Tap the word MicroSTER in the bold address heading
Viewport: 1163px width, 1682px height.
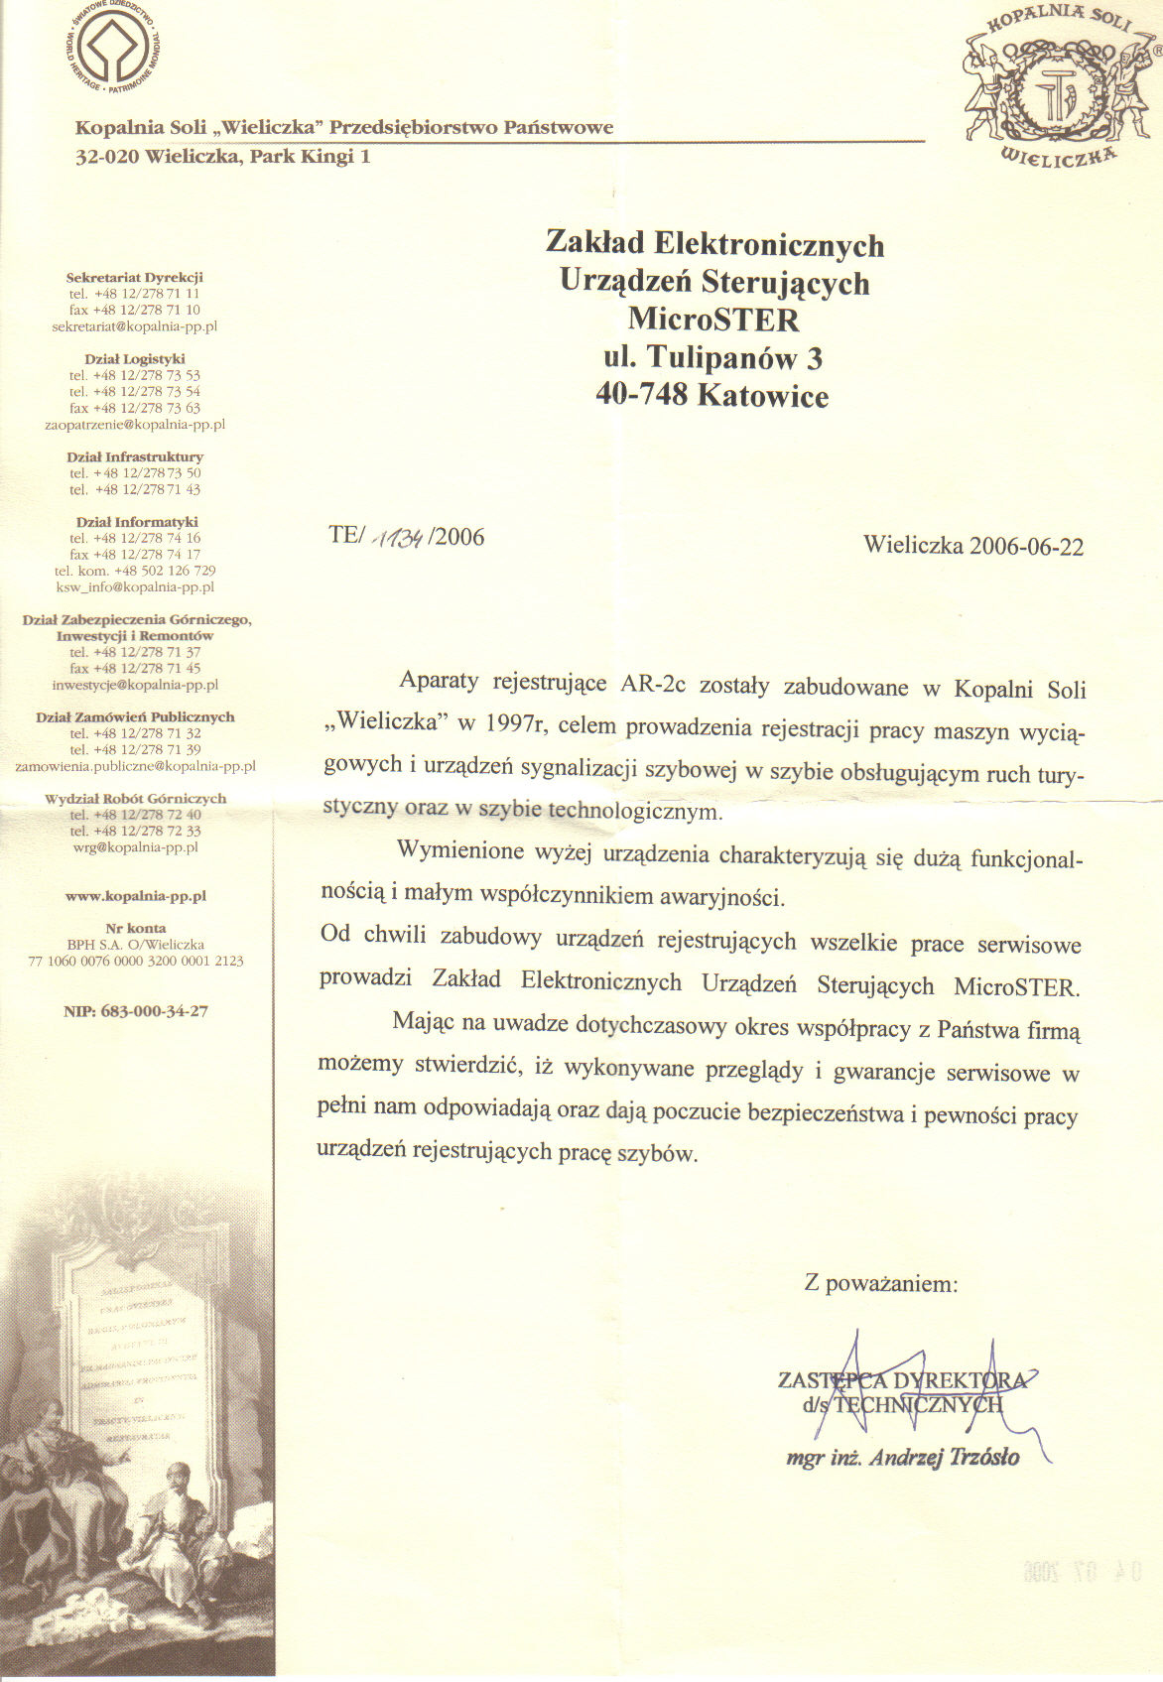tap(713, 320)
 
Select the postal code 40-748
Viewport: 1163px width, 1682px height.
tap(642, 395)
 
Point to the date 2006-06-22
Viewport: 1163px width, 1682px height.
tap(1026, 546)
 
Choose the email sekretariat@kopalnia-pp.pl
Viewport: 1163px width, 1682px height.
tap(134, 326)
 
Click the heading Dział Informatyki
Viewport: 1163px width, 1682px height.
tap(137, 522)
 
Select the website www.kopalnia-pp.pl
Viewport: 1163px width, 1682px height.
tap(135, 896)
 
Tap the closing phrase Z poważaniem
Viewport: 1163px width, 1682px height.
tap(881, 1284)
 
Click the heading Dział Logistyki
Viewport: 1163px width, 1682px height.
tap(135, 359)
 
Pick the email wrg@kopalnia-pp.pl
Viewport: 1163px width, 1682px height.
tap(136, 847)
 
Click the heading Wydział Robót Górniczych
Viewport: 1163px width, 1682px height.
tap(136, 799)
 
